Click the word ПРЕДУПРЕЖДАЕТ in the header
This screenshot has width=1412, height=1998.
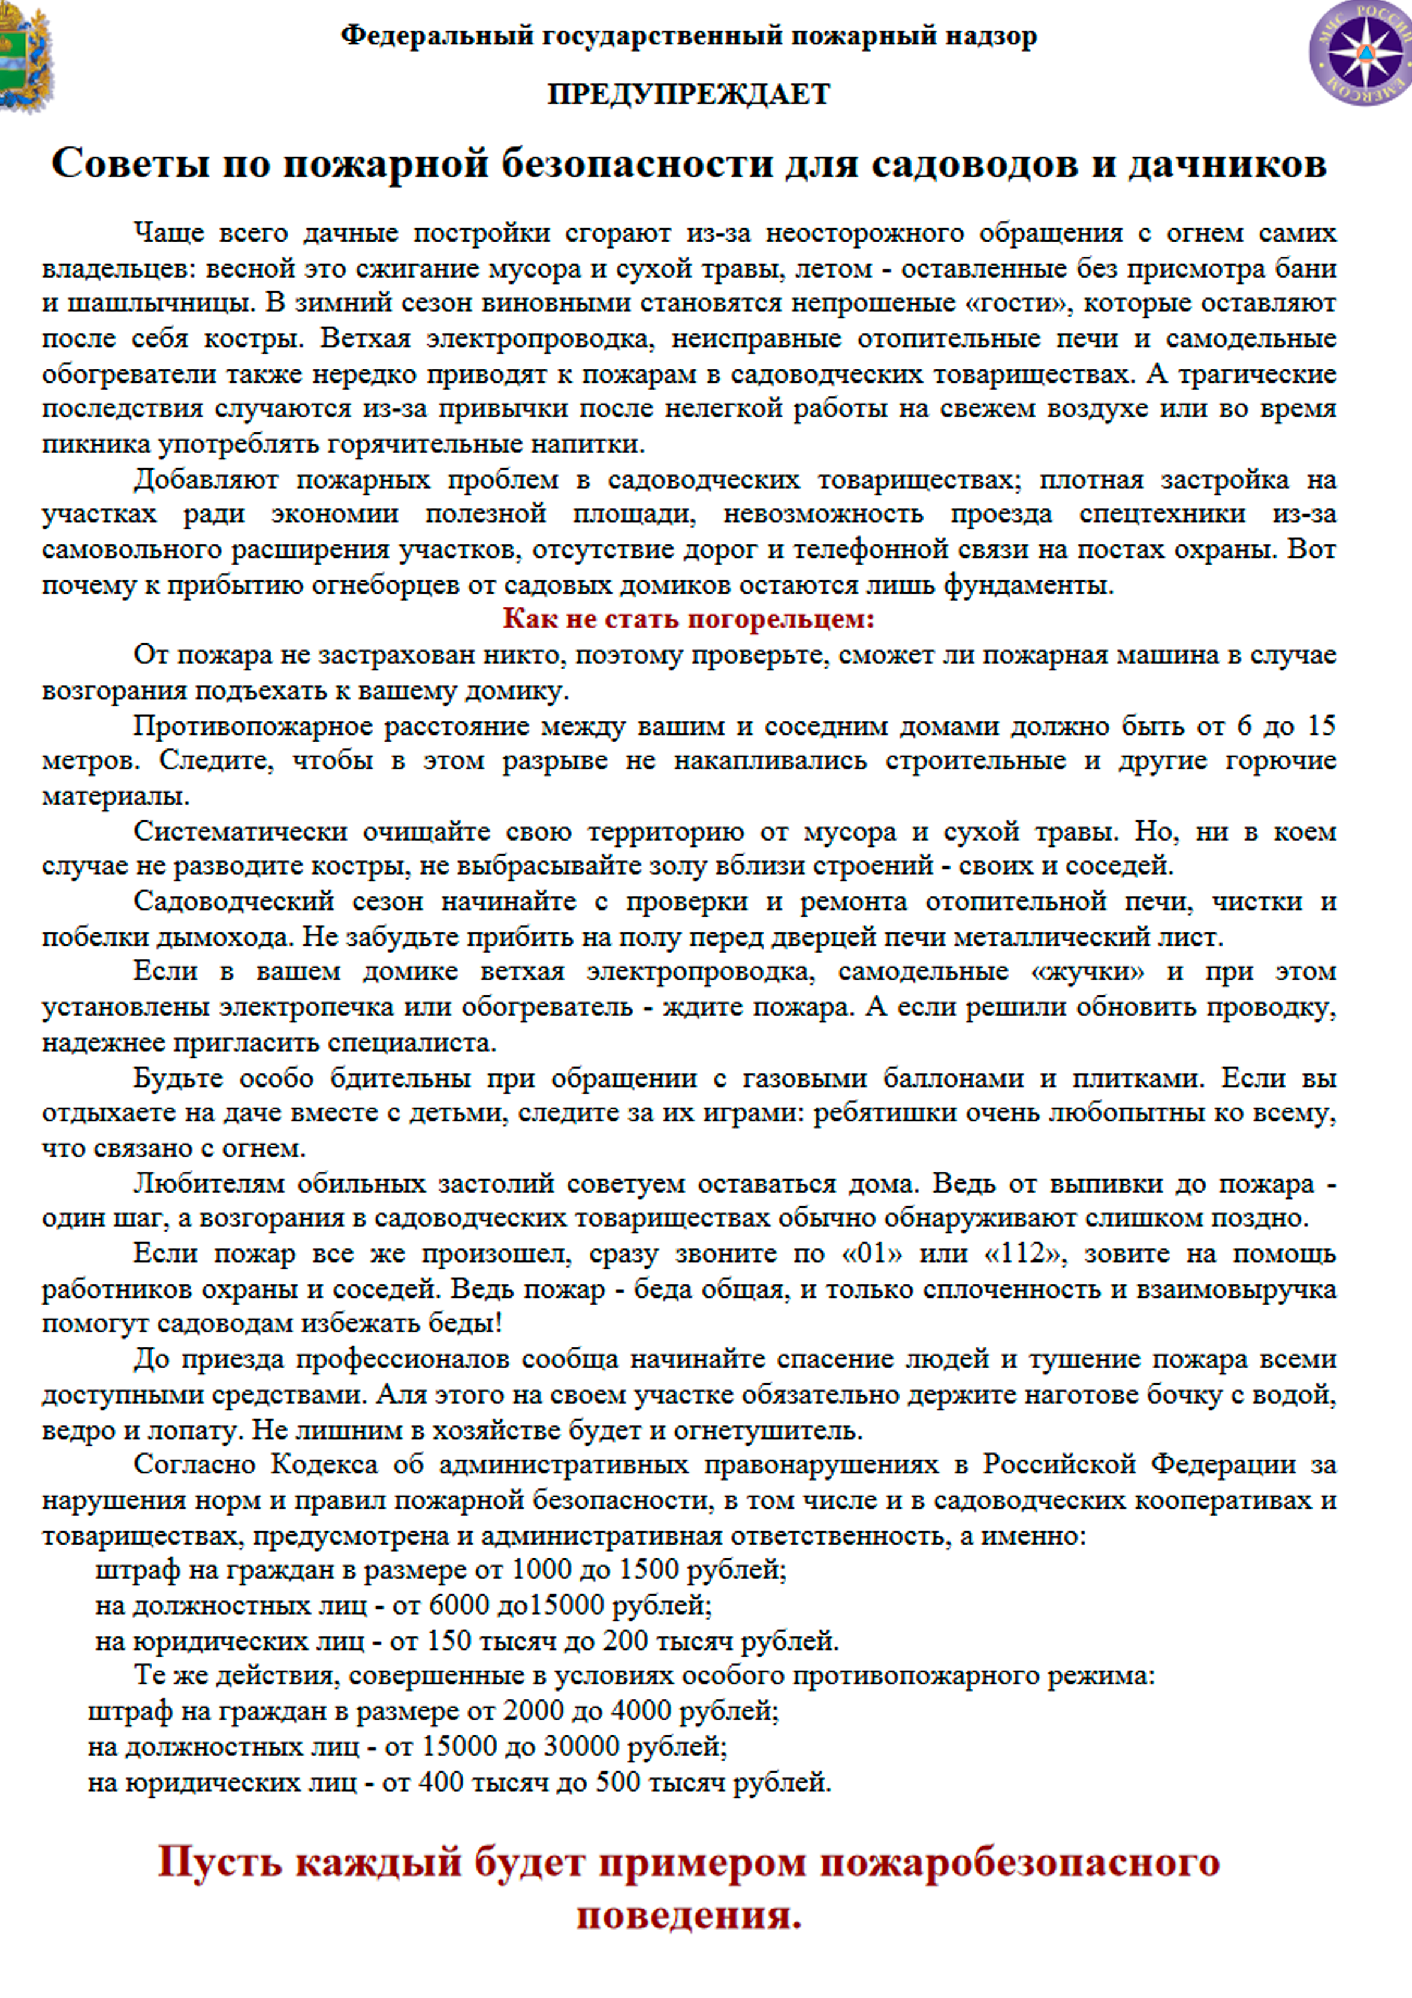(x=688, y=94)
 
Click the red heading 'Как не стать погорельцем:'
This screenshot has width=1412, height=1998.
(x=688, y=619)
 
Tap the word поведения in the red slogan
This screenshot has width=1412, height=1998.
(x=688, y=1915)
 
